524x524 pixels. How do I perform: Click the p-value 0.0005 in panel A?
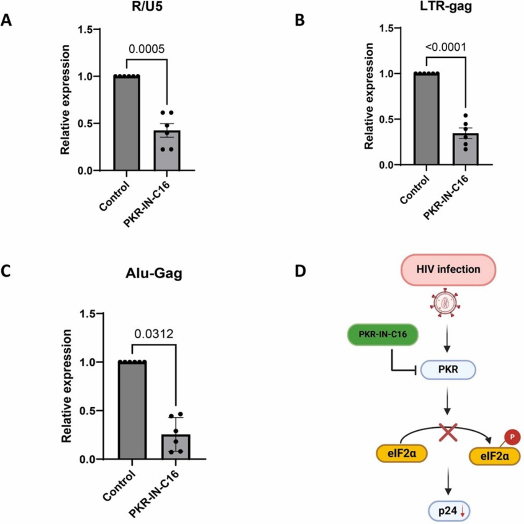(147, 49)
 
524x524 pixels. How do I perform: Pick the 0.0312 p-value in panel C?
(154, 333)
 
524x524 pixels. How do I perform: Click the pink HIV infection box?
(449, 269)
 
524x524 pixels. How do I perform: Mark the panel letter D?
(300, 270)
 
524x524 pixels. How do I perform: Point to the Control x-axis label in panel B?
(415, 190)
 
